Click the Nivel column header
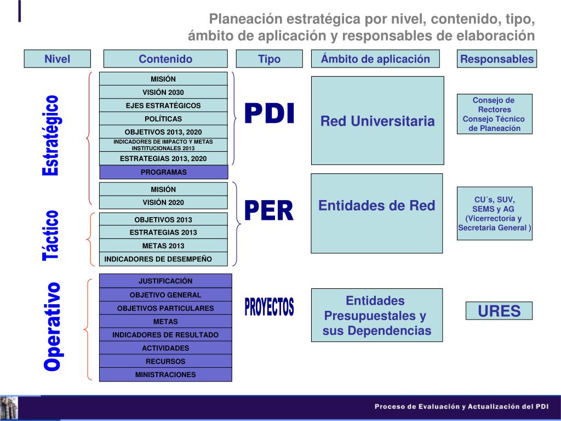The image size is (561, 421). [x=57, y=59]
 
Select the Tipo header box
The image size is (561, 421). [x=269, y=59]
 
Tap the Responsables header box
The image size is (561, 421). [x=497, y=59]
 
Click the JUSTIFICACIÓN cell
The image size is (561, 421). [x=165, y=281]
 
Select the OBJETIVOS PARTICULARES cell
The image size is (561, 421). [x=165, y=308]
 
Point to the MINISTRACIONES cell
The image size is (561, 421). [x=165, y=375]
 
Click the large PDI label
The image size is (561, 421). [x=269, y=114]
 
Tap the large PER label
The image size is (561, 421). [x=269, y=211]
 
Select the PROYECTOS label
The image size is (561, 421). [x=269, y=307]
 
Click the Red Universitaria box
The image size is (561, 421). [x=377, y=121]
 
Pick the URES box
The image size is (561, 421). [x=499, y=311]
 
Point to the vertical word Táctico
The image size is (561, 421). [x=50, y=235]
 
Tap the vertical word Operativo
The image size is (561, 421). [x=52, y=326]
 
